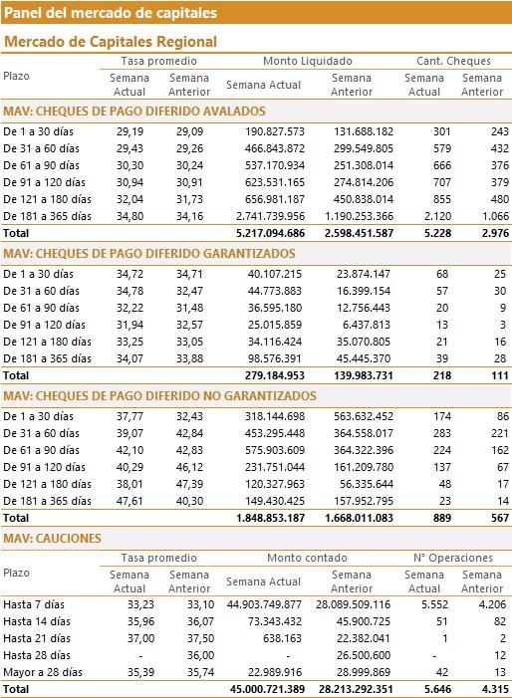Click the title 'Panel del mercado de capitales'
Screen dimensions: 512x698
tap(111, 13)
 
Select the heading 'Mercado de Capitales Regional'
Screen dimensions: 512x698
tap(111, 42)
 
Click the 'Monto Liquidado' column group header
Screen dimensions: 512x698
tap(307, 61)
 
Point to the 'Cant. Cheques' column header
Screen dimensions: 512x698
tap(453, 61)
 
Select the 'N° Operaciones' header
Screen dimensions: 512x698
tap(453, 558)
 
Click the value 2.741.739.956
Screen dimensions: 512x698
tap(271, 216)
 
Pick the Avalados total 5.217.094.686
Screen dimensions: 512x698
tap(271, 233)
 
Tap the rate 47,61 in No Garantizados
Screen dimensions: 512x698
tap(129, 501)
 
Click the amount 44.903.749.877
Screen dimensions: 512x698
tap(264, 605)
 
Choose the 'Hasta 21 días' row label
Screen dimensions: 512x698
tap(37, 639)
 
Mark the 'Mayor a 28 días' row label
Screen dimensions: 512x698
tap(43, 673)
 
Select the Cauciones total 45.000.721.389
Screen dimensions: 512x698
tap(268, 690)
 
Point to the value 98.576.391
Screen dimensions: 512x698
tap(275, 358)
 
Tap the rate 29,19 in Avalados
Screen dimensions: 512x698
tap(129, 131)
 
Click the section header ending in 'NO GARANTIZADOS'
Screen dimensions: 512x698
tap(159, 395)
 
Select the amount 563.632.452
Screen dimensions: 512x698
tap(364, 416)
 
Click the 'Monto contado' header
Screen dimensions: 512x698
tap(307, 558)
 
